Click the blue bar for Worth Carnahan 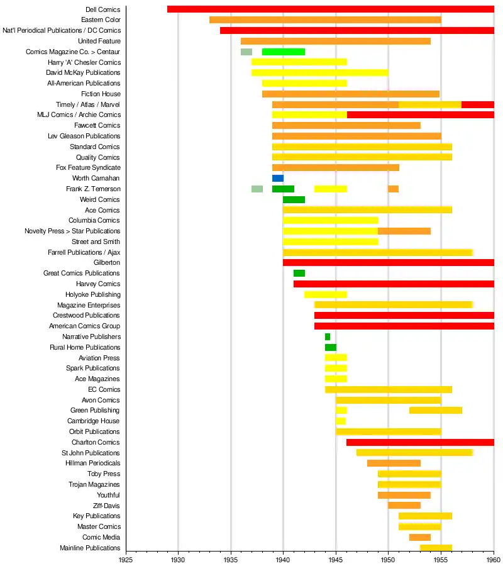point(277,179)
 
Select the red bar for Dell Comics point(330,9)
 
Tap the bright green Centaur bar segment point(284,52)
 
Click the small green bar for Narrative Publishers point(328,337)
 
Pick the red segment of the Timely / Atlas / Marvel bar point(478,104)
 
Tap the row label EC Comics point(104,390)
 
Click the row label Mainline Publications point(90,548)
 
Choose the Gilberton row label point(107,263)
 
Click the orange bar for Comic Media point(420,538)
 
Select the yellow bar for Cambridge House point(341,421)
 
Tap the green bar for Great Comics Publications point(299,274)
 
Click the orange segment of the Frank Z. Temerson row point(393,189)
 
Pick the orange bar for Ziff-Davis point(404,506)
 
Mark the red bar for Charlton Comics point(420,443)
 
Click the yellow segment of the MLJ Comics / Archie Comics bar point(309,115)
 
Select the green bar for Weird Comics point(294,200)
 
